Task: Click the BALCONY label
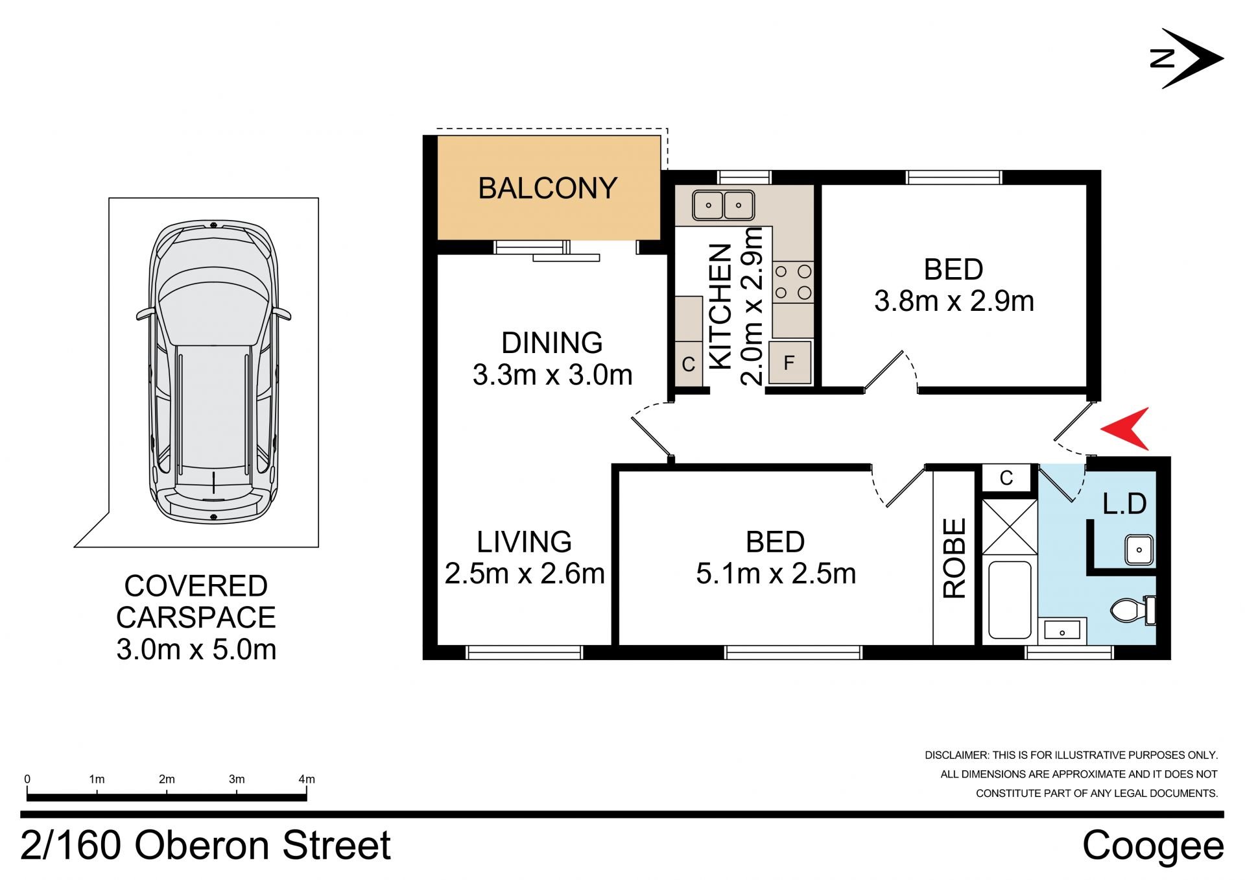pos(547,188)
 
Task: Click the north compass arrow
pos(1187,58)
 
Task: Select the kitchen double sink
pos(723,205)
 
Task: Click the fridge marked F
pos(789,362)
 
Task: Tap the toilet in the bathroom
pos(1132,610)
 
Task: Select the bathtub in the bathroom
pos(1010,600)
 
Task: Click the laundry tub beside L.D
pos(1139,550)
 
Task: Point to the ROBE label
pos(954,557)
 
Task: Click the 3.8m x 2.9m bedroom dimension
pos(954,301)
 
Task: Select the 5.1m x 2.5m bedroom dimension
pos(776,574)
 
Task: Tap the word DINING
pos(552,343)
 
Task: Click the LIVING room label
pos(524,542)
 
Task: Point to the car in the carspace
pos(213,373)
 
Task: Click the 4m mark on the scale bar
pos(307,779)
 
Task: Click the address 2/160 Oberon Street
pos(206,845)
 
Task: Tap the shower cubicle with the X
pos(1010,527)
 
